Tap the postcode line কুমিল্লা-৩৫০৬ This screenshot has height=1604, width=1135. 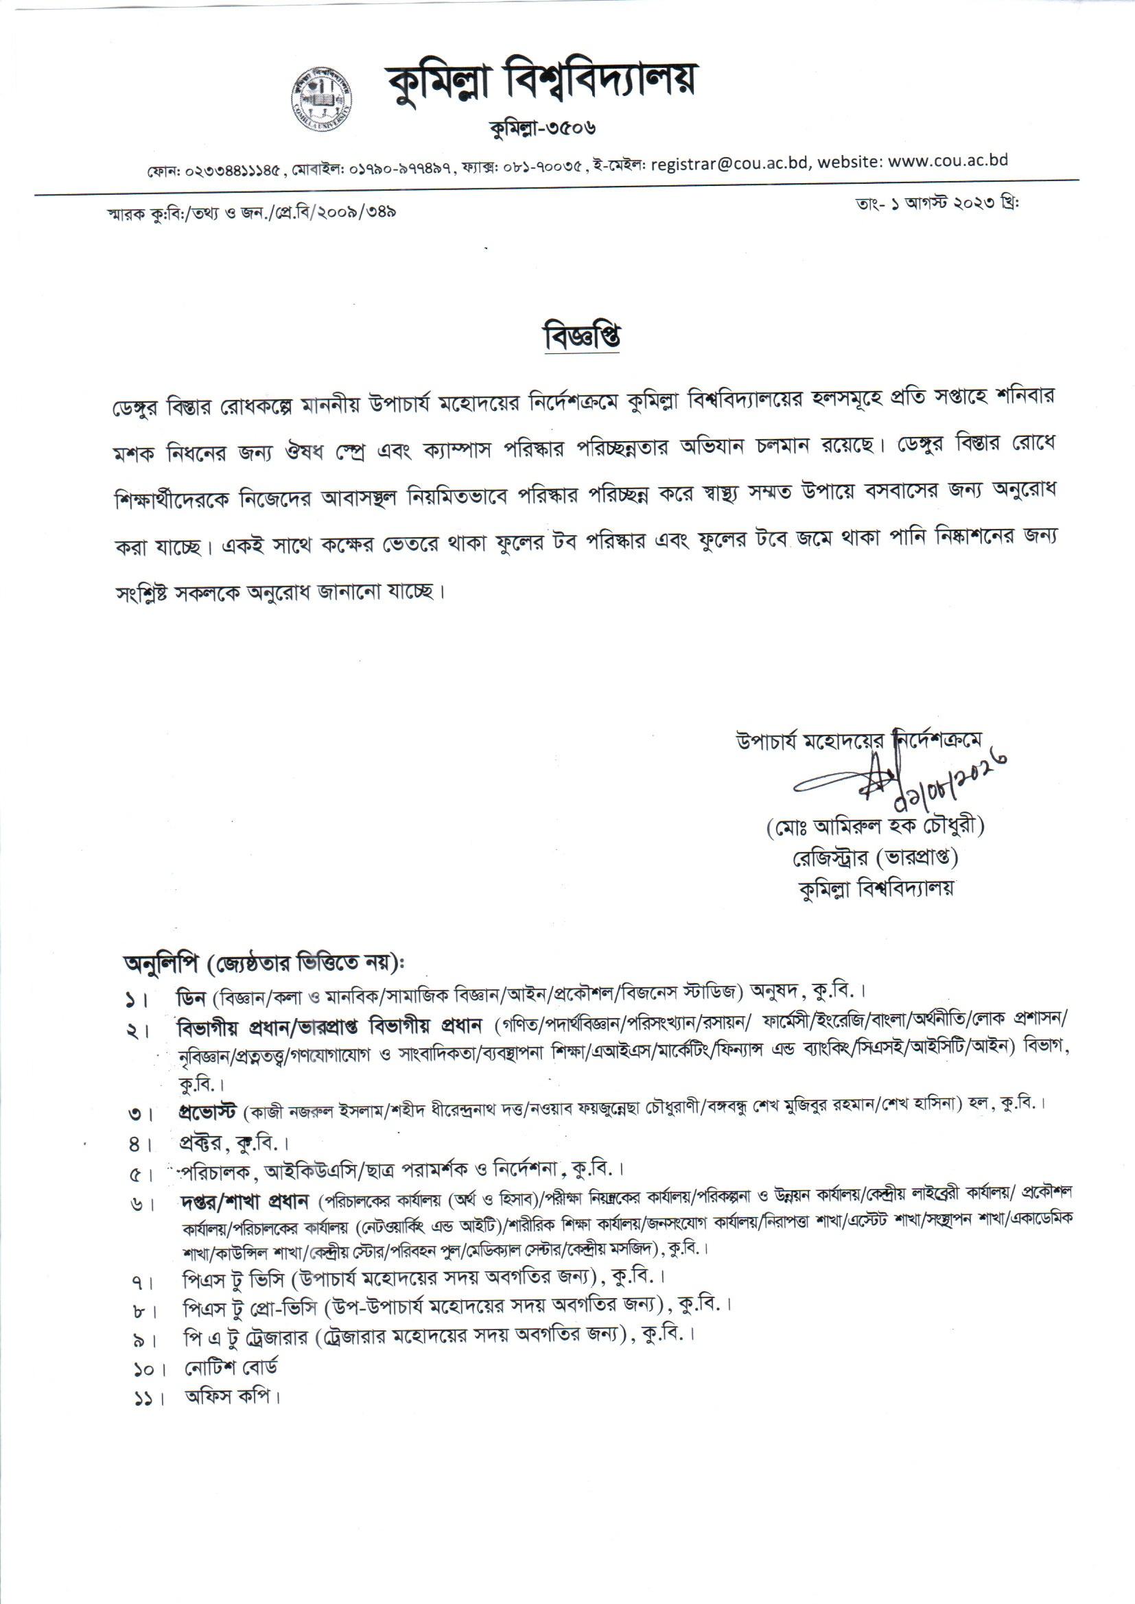(x=543, y=128)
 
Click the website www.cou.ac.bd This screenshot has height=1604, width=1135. (x=950, y=161)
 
